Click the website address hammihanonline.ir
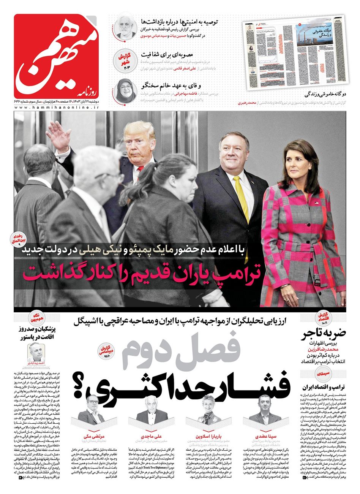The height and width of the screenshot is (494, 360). (57, 108)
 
